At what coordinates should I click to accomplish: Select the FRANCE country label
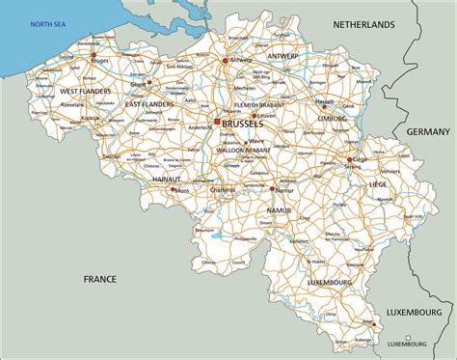click(99, 278)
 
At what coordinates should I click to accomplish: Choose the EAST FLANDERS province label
click(149, 103)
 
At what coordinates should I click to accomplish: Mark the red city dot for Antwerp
click(224, 60)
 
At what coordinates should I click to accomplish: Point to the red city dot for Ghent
click(148, 83)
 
